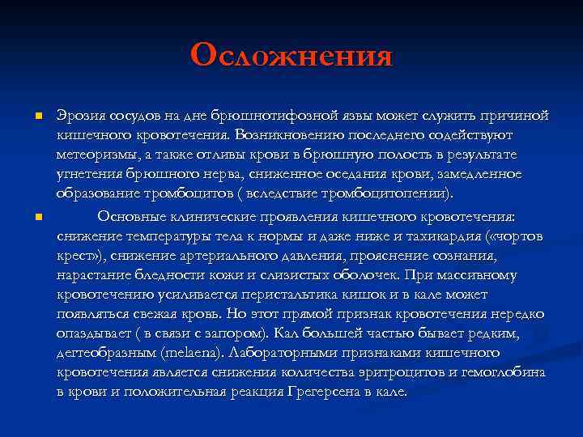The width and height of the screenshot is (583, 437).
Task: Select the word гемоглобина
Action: tap(505, 372)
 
